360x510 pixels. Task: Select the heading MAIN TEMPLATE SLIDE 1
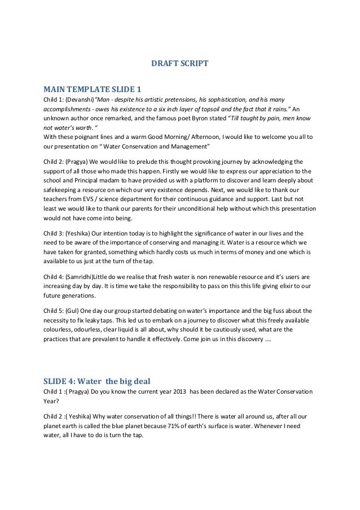pos(92,89)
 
